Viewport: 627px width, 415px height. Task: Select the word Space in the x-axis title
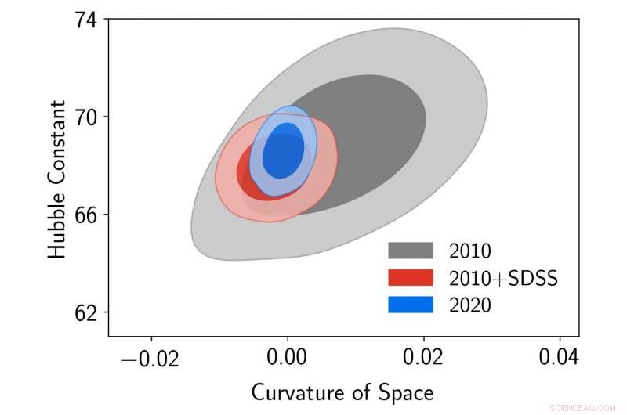(407, 392)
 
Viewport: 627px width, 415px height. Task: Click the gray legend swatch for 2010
(410, 251)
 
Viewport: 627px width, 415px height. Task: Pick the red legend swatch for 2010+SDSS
(410, 278)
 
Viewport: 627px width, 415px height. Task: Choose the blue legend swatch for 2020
(410, 305)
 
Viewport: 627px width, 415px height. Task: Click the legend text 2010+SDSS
(503, 278)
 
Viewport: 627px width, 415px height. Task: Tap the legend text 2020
(470, 305)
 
